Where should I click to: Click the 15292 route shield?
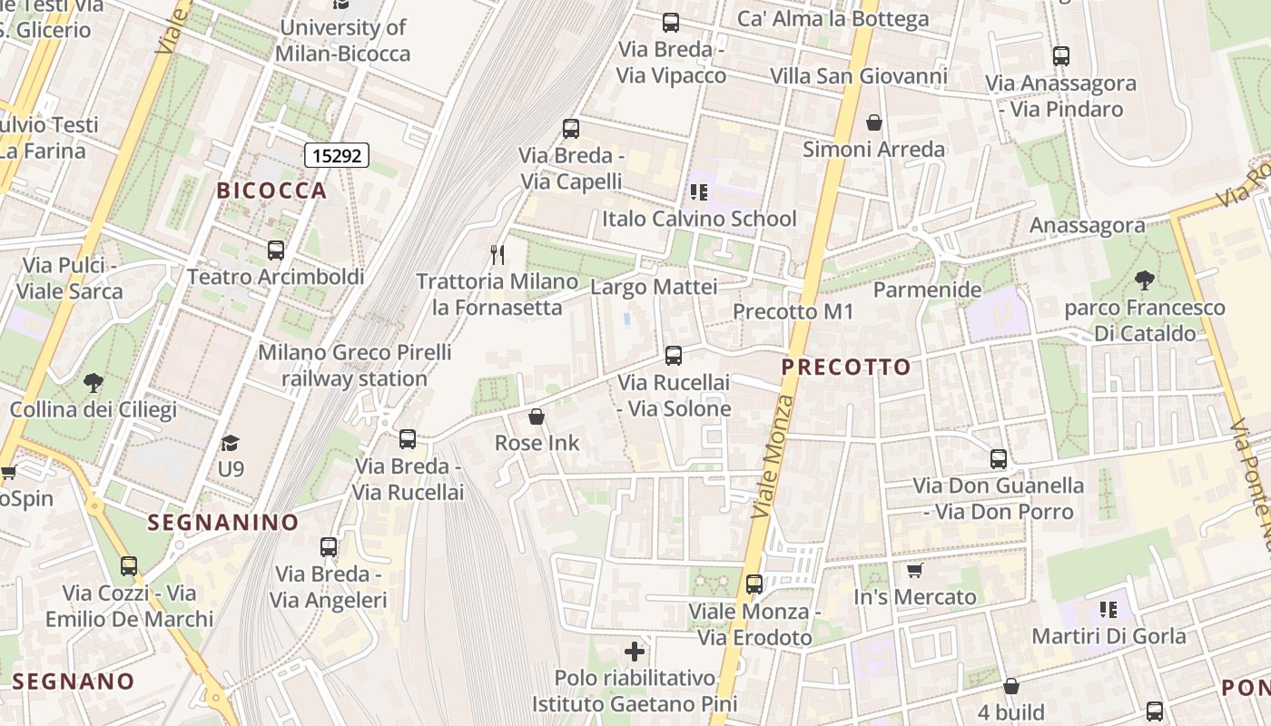pos(336,155)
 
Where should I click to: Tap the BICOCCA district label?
pos(271,191)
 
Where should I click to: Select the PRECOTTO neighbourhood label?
pos(845,367)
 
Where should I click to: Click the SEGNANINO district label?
pos(223,522)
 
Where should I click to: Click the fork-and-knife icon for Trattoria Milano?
pos(497,254)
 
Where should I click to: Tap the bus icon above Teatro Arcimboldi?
pos(276,250)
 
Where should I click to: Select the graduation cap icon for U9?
pos(231,443)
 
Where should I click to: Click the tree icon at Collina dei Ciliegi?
pos(93,383)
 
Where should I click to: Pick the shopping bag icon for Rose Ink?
pos(537,417)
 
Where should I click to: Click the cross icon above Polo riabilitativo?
pos(635,652)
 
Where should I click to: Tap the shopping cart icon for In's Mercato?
pos(914,571)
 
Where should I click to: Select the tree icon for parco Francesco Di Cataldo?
pos(1145,280)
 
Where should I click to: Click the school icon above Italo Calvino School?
pos(699,191)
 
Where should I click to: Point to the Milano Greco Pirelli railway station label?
pos(354,366)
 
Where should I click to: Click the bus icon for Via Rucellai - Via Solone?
pos(674,356)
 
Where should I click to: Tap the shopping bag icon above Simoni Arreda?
pos(873,123)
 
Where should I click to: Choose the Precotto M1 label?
pos(793,312)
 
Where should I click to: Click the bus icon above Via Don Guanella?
pos(999,459)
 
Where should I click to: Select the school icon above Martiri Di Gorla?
pos(1108,609)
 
